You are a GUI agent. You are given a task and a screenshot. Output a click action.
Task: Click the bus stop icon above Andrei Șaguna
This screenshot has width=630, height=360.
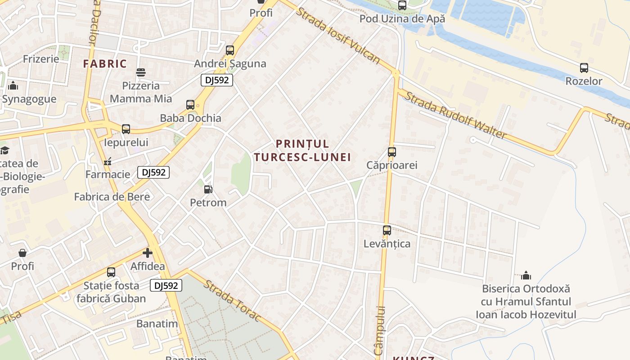click(x=230, y=50)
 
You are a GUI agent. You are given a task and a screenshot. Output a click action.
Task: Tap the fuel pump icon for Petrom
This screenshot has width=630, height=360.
click(x=208, y=189)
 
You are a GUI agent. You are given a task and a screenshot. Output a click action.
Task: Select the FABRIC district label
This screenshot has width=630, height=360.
click(x=105, y=63)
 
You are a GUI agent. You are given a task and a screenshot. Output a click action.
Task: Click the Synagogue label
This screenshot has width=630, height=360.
click(x=29, y=99)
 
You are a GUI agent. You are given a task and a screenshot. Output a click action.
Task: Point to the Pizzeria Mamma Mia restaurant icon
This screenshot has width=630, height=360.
click(x=141, y=72)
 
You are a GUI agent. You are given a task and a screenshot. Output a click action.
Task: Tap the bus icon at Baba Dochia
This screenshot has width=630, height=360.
click(x=190, y=105)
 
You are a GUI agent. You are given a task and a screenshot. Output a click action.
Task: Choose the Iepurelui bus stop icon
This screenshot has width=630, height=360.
click(x=126, y=129)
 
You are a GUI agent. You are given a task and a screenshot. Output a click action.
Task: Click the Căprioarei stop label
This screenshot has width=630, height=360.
click(x=391, y=165)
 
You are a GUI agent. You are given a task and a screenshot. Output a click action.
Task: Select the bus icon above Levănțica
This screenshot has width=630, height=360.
click(x=387, y=230)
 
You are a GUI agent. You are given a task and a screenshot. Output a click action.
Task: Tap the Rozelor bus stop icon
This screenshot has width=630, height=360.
click(x=584, y=68)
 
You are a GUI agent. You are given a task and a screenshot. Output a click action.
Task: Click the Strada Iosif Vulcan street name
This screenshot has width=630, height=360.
click(x=337, y=35)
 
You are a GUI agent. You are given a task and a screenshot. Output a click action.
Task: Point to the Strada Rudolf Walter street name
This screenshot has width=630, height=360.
click(x=455, y=115)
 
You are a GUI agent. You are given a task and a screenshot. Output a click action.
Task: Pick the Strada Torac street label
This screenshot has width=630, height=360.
click(x=232, y=300)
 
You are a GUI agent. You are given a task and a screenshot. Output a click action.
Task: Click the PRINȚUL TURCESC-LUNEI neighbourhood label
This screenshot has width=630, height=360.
click(x=302, y=150)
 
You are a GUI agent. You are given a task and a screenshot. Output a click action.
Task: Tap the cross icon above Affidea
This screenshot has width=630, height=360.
click(x=148, y=253)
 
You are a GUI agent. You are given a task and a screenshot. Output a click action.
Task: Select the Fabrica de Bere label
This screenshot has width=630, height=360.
click(x=112, y=197)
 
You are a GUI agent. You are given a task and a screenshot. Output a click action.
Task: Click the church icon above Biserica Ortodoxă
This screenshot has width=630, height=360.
click(x=526, y=275)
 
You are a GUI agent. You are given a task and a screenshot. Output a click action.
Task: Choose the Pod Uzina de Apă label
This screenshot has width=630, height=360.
click(x=402, y=19)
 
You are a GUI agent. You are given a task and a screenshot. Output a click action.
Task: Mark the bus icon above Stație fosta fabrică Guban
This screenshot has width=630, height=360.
click(x=111, y=272)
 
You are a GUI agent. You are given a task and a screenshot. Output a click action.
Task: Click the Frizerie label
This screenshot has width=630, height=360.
click(x=41, y=59)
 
